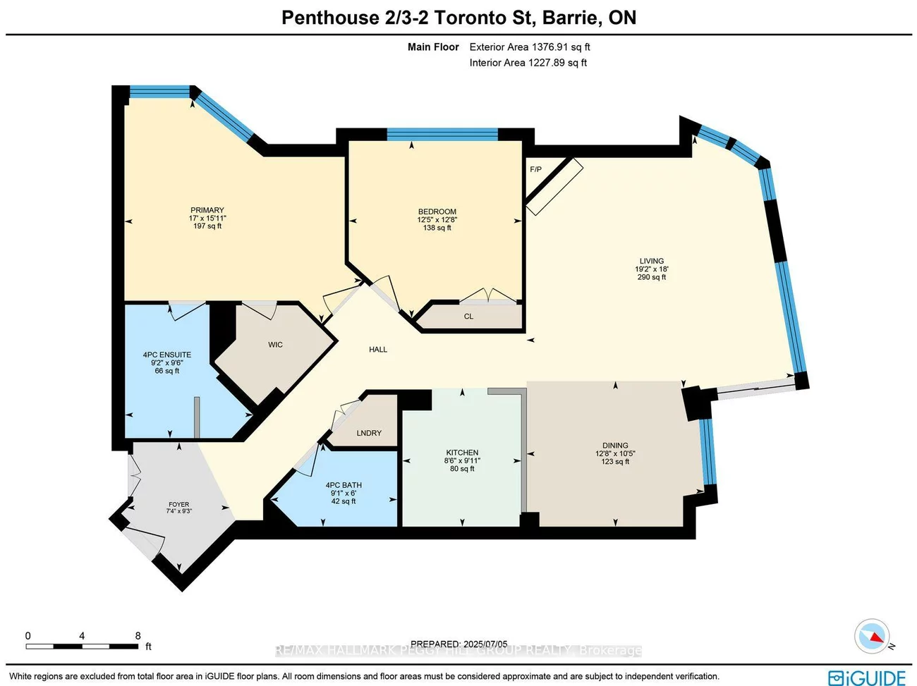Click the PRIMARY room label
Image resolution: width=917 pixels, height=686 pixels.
[x=207, y=210]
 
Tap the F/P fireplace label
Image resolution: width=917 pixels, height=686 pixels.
[x=535, y=169]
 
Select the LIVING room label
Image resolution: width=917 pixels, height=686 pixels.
[x=651, y=261]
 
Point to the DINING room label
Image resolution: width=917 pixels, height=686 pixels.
[x=615, y=446]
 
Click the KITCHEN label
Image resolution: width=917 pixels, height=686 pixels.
[x=462, y=453]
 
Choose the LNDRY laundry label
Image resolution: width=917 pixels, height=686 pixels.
[x=369, y=433]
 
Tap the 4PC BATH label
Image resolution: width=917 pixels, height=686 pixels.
[x=344, y=485]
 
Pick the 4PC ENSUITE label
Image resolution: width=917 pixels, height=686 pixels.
[x=167, y=355]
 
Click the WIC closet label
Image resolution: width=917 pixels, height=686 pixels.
[x=275, y=345]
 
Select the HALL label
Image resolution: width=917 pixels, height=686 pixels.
[x=378, y=349]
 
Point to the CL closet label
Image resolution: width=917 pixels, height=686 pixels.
[x=468, y=317]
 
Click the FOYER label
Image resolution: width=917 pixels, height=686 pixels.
[x=178, y=504]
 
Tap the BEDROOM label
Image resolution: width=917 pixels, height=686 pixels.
[x=437, y=212]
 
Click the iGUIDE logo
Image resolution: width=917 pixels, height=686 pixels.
[x=867, y=678]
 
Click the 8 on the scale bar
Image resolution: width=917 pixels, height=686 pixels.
[x=138, y=635]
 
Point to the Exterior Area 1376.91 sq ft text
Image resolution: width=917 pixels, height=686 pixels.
[x=530, y=47]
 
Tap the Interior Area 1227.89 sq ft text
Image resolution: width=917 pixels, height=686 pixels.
[x=528, y=63]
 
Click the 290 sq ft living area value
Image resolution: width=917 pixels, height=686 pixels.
[x=651, y=277]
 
